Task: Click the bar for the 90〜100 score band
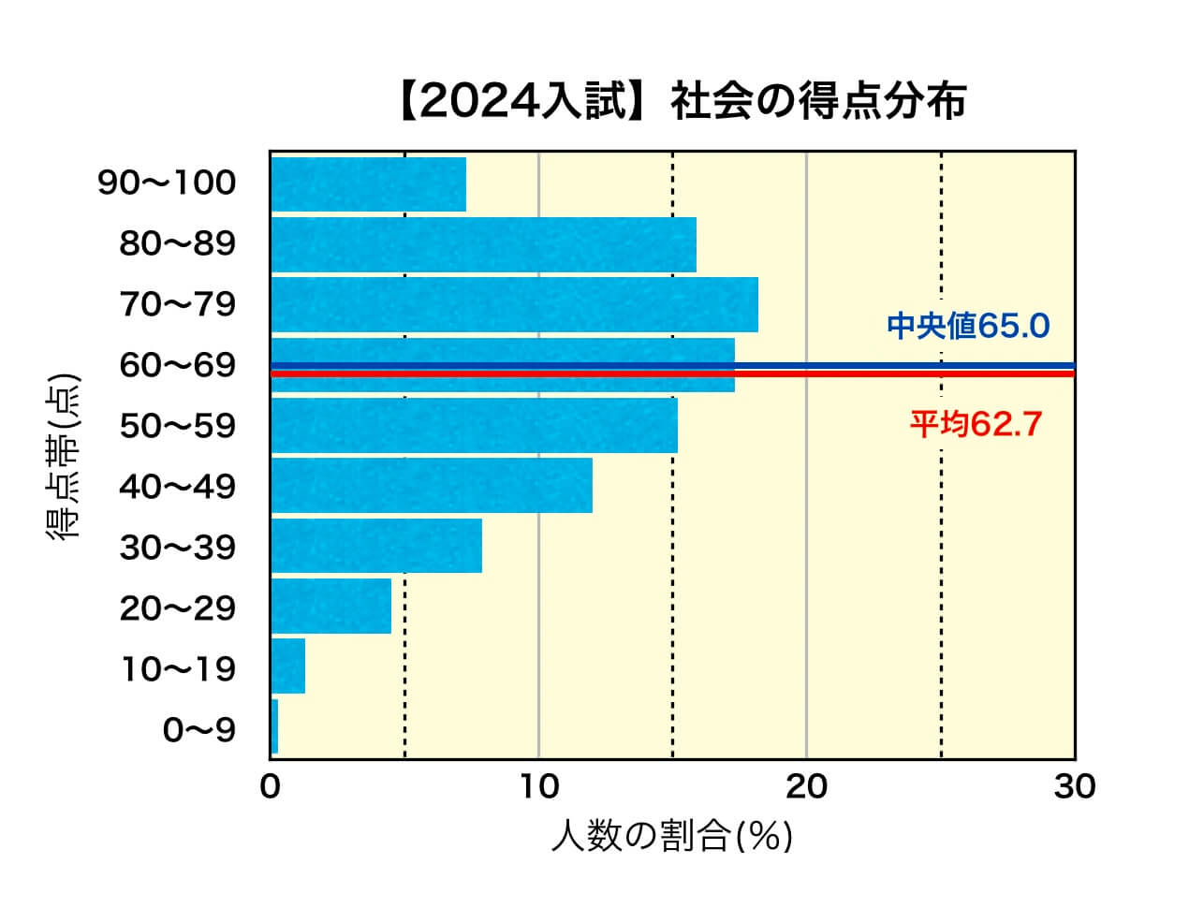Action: click(368, 184)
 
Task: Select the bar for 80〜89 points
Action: click(483, 245)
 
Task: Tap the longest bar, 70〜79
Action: click(514, 305)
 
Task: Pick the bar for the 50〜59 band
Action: click(474, 426)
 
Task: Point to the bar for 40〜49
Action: click(431, 486)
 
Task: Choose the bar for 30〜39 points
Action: click(375, 546)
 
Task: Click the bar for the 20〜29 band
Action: click(330, 607)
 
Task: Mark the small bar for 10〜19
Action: click(288, 666)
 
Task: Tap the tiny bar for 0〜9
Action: click(274, 726)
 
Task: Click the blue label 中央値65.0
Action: click(968, 327)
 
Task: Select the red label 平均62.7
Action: click(976, 425)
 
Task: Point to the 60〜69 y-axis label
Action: click(178, 366)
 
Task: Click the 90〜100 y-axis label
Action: click(167, 183)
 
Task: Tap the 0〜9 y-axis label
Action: click(199, 730)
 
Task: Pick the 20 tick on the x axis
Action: click(806, 787)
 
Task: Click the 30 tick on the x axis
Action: click(1074, 787)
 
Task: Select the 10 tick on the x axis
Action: click(538, 787)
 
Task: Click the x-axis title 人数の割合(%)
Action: click(671, 836)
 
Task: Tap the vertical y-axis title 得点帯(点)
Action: click(63, 457)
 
